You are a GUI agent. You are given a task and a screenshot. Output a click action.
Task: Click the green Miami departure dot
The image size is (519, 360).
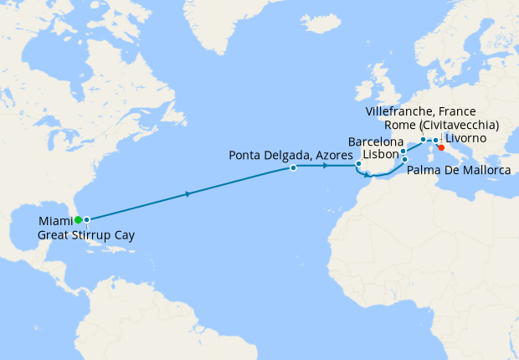click(78, 219)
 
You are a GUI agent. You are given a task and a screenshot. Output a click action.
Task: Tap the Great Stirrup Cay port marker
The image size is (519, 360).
click(86, 219)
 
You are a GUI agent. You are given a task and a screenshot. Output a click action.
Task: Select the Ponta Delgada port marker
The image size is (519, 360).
click(293, 167)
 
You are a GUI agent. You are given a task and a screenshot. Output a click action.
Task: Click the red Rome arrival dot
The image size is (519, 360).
click(441, 147)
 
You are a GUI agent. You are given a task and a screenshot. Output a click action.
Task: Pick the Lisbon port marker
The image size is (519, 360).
click(358, 163)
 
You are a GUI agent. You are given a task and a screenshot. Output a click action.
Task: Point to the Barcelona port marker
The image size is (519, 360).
click(403, 152)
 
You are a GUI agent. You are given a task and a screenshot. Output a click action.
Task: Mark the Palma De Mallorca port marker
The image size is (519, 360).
click(405, 159)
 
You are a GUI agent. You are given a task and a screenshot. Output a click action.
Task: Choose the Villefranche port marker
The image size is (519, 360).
click(423, 139)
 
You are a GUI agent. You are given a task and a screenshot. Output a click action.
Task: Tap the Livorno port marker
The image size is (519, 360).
click(435, 140)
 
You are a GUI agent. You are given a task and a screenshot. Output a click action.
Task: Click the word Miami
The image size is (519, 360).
click(54, 221)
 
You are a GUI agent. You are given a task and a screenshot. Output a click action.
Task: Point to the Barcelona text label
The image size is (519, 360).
click(375, 142)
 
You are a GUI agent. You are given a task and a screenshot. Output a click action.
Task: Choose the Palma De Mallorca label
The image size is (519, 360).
click(460, 171)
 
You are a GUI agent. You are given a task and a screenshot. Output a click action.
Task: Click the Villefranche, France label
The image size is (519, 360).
click(421, 111)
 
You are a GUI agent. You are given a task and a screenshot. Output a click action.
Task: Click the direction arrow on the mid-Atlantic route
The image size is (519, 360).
click(188, 194)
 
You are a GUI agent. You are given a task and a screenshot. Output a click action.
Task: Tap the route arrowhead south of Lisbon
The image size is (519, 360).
click(366, 175)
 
